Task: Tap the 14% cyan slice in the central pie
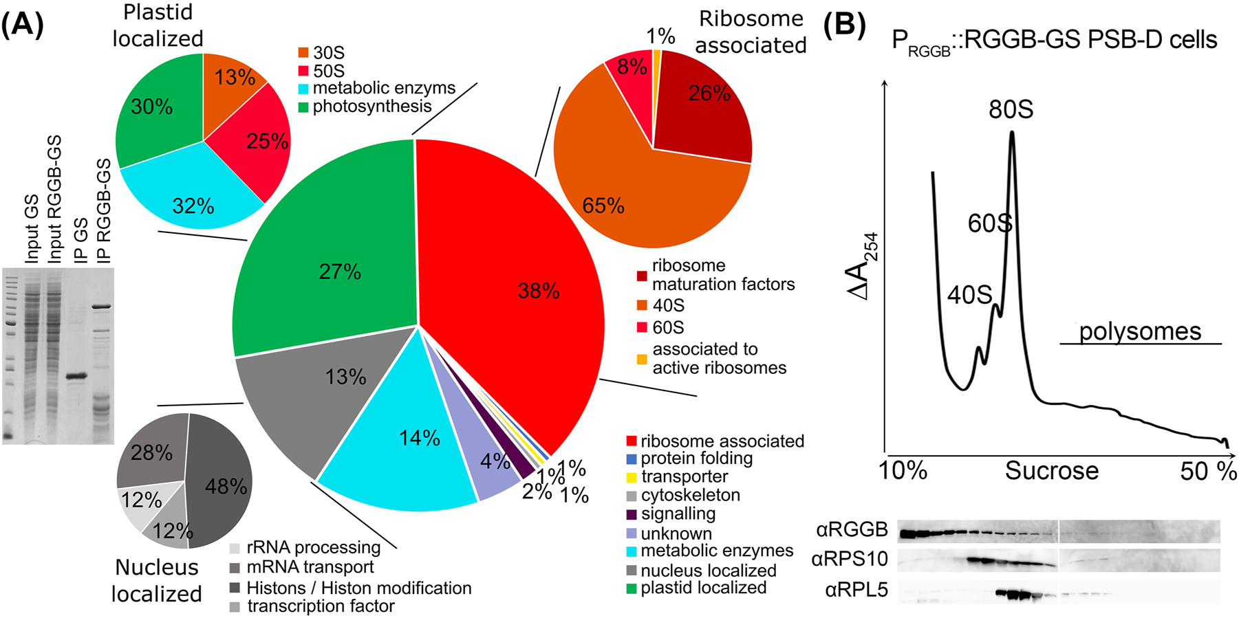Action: click(406, 440)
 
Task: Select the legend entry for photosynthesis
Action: click(371, 107)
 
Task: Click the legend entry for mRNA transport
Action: click(310, 567)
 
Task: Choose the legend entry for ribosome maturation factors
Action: click(722, 275)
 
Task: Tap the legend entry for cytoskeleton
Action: click(690, 495)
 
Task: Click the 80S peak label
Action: click(1011, 110)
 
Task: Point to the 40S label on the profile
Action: click(969, 295)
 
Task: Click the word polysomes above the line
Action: click(1140, 331)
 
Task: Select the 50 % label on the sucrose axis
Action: click(1208, 472)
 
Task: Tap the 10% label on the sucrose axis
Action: click(903, 472)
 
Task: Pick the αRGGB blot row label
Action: click(852, 530)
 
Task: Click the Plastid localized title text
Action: click(158, 25)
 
